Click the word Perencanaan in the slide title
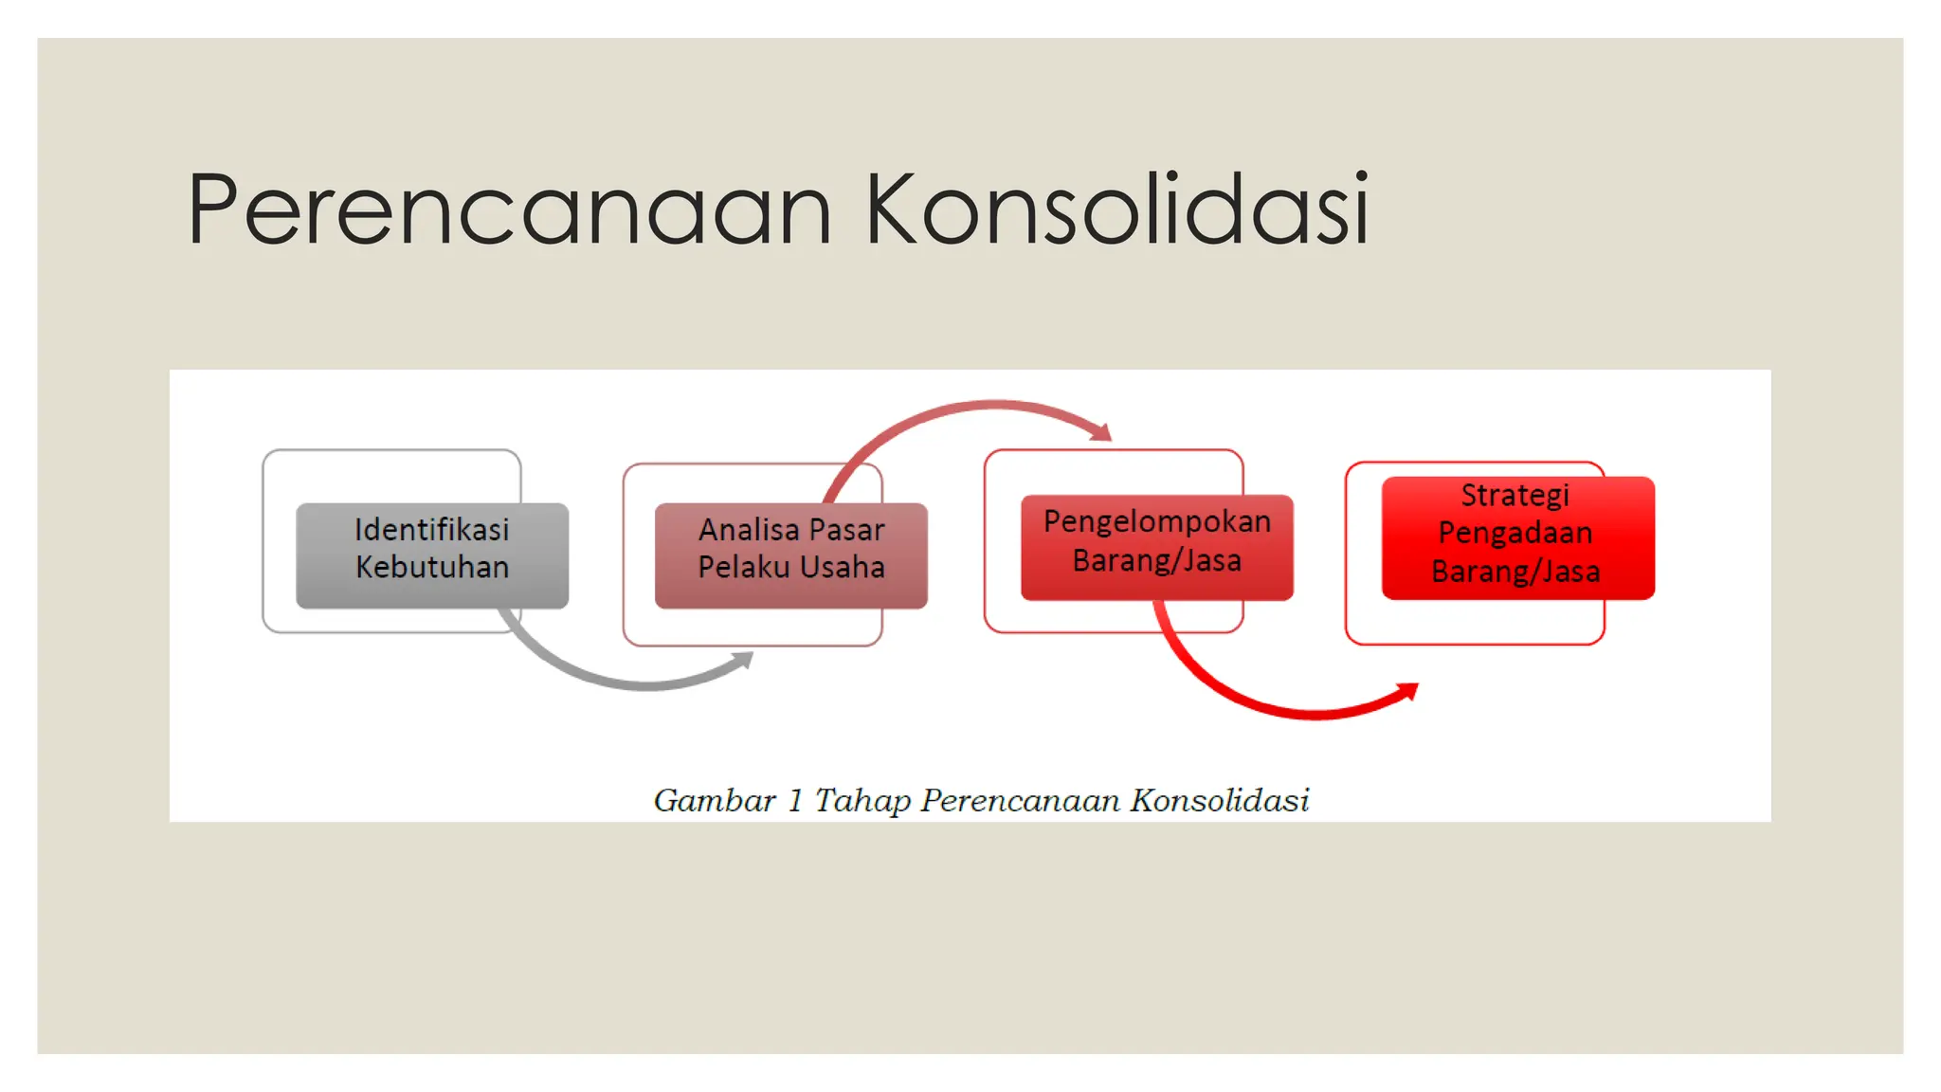[x=509, y=209]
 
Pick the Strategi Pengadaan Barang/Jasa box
[x=1517, y=537]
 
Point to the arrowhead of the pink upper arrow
[x=1102, y=432]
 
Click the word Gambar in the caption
[x=715, y=801]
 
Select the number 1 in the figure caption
[x=795, y=801]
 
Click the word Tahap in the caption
[x=862, y=802]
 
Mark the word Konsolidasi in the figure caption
[x=1220, y=801]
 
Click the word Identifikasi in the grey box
[x=432, y=529]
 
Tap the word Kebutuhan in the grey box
[x=432, y=567]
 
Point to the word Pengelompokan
[x=1156, y=521]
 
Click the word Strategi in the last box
[x=1515, y=495]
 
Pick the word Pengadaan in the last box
[x=1515, y=533]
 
